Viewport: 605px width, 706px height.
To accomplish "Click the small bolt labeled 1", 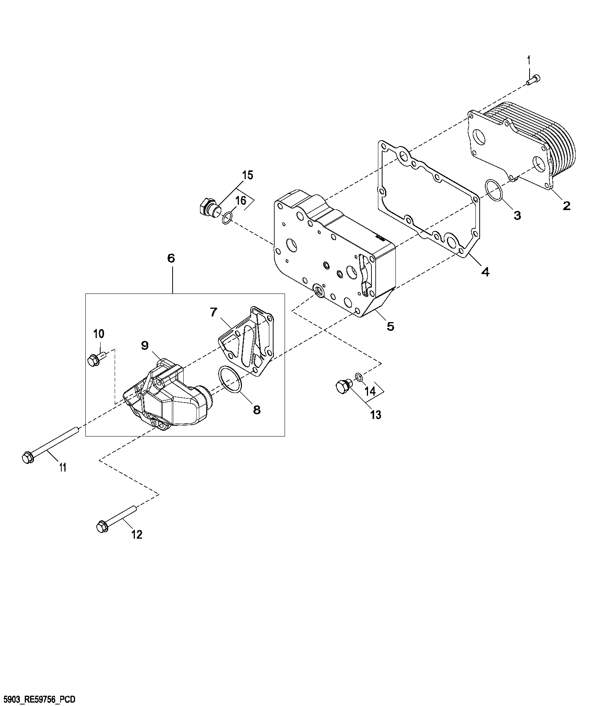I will coord(534,80).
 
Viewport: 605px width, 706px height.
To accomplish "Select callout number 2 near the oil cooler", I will coord(567,206).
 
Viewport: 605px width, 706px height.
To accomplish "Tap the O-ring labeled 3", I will coord(494,191).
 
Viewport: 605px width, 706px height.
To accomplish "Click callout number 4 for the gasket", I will coord(485,272).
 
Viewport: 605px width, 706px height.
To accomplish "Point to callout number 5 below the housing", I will coord(391,326).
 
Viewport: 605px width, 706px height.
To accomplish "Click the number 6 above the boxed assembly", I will coord(171,258).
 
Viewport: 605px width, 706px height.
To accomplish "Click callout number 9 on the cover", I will coord(144,346).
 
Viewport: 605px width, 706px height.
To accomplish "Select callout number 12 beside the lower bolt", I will coord(137,534).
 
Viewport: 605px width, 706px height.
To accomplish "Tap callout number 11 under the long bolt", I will coord(63,467).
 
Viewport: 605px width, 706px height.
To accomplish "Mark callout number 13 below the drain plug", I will coord(376,415).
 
